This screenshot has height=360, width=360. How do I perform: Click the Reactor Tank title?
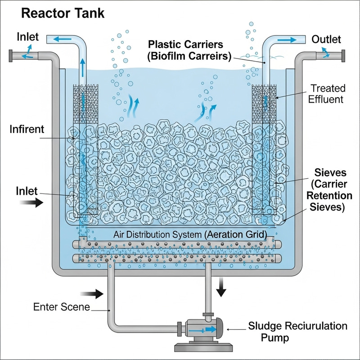63,13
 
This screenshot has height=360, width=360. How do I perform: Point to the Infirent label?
27,130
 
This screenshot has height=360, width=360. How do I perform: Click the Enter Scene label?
62,308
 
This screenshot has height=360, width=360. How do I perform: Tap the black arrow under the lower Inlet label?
32,203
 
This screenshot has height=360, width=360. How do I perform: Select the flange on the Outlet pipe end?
343,56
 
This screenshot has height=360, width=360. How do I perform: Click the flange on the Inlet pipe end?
10,57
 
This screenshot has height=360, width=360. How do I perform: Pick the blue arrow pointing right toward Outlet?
285,40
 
